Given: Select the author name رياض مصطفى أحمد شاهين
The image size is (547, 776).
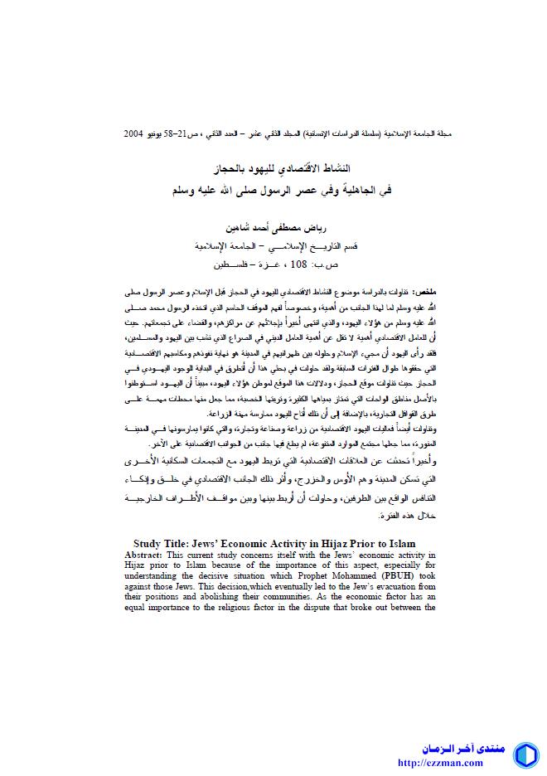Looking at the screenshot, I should [273, 227].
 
